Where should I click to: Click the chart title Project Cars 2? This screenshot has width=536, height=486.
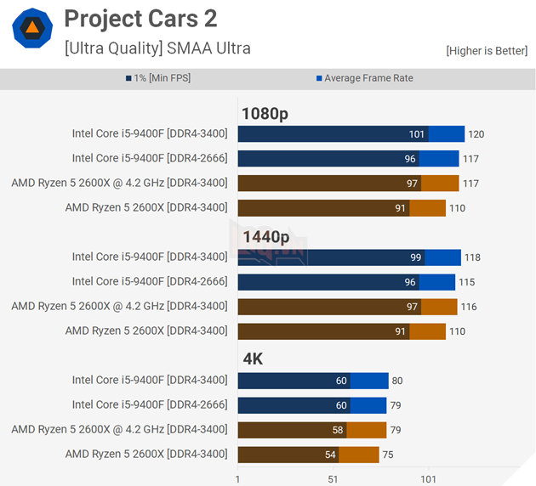pyautogui.click(x=140, y=18)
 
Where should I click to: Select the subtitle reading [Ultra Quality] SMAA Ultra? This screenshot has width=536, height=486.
pyautogui.click(x=157, y=48)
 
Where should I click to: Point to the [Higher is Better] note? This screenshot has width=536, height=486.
pyautogui.click(x=486, y=51)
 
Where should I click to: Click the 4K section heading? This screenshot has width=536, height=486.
pyautogui.click(x=253, y=359)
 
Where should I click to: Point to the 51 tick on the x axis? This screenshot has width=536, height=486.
pyautogui.click(x=333, y=479)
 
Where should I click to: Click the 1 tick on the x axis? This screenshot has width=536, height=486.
pyautogui.click(x=237, y=479)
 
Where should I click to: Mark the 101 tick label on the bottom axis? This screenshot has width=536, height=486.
pyautogui.click(x=428, y=479)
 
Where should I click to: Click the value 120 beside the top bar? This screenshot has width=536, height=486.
pyautogui.click(x=476, y=134)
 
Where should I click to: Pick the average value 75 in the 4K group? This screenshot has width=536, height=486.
pyautogui.click(x=387, y=455)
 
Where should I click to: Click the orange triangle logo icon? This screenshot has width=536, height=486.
pyautogui.click(x=31, y=29)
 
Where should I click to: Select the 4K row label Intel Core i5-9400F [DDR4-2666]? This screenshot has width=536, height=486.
pyautogui.click(x=150, y=404)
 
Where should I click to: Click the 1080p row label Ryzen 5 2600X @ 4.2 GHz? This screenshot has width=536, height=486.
pyautogui.click(x=119, y=183)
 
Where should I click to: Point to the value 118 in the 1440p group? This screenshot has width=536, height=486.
pyautogui.click(x=472, y=257)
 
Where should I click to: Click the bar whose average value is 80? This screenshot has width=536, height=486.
pyautogui.click(x=312, y=381)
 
